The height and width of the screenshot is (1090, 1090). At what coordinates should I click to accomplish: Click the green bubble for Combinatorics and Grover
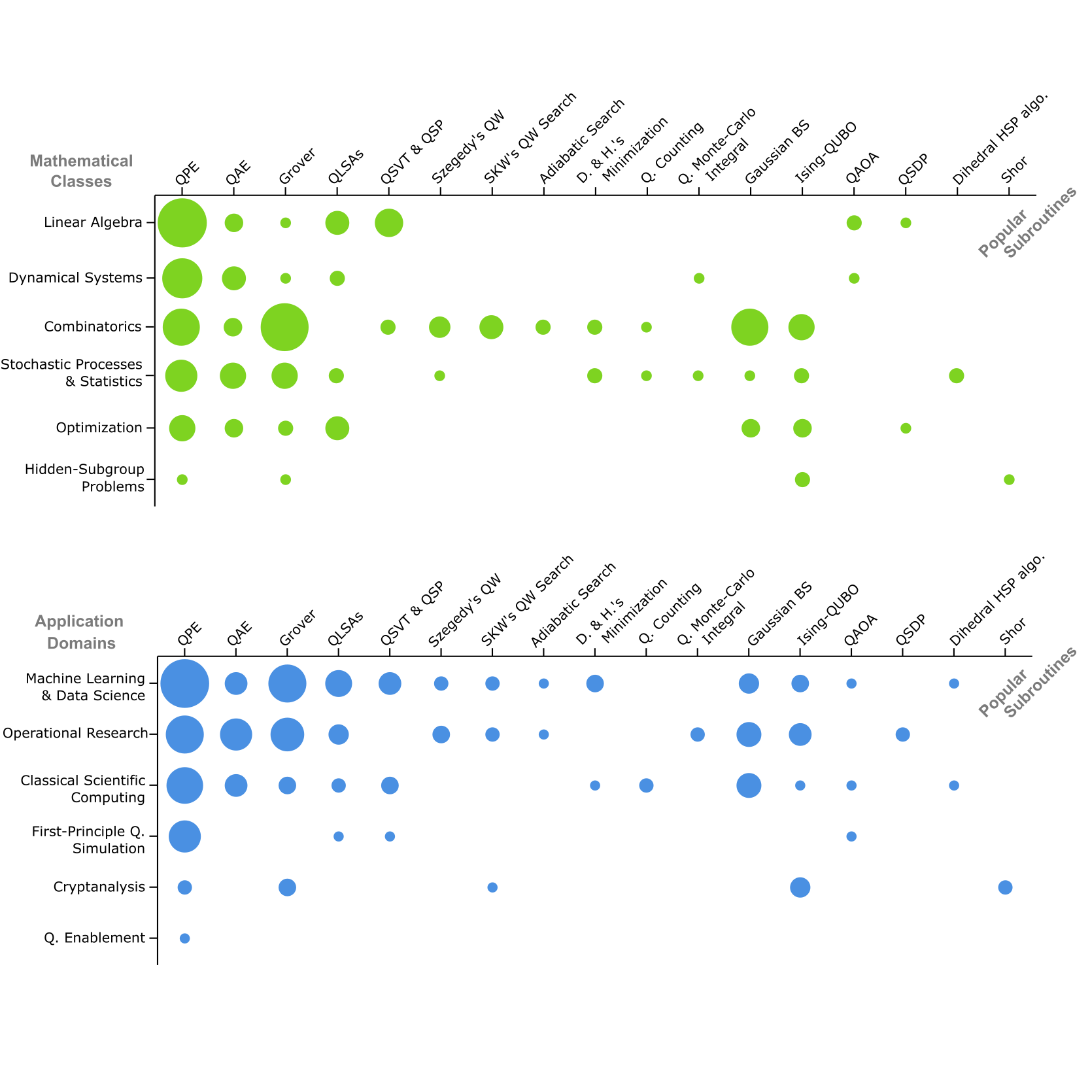(x=284, y=327)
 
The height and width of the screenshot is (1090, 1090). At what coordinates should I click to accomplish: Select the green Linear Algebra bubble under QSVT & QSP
(x=389, y=223)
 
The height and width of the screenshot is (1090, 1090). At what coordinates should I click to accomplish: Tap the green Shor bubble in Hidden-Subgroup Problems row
(x=1009, y=480)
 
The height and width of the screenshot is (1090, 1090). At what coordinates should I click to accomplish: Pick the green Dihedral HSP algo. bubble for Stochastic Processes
(x=956, y=375)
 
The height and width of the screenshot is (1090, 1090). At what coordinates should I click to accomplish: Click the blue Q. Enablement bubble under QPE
(x=185, y=938)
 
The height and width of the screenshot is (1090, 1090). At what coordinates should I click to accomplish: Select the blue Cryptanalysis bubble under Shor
(x=1005, y=887)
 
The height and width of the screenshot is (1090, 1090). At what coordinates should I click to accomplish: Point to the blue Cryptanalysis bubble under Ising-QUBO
(x=800, y=887)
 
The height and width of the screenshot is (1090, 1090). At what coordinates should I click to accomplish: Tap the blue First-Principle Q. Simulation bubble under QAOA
(x=851, y=836)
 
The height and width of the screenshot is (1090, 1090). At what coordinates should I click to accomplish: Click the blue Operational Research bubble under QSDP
(x=902, y=734)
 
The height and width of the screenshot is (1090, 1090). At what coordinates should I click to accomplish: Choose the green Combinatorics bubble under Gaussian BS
(x=749, y=327)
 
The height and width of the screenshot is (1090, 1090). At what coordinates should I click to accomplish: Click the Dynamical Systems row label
(x=75, y=278)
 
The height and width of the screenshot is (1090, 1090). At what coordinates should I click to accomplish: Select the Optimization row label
(x=99, y=428)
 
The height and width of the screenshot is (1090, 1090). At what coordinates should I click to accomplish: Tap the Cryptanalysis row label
(x=99, y=887)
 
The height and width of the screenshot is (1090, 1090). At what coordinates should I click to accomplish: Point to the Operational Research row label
(x=75, y=734)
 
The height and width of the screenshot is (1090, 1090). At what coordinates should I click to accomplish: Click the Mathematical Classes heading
(x=81, y=171)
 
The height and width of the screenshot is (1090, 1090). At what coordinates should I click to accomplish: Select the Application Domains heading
(x=80, y=632)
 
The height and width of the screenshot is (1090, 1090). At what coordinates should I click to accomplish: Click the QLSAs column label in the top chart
(x=345, y=167)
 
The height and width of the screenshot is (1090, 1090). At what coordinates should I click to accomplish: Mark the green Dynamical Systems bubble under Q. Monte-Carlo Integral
(x=698, y=279)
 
